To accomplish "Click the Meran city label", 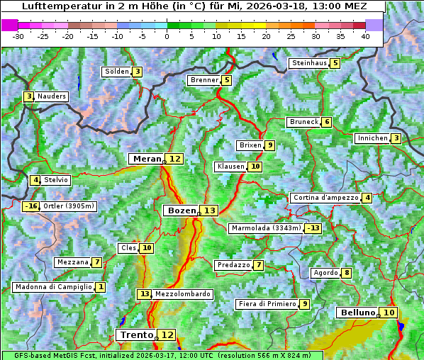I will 147,159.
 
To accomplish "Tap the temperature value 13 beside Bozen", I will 209,210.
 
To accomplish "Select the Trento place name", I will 137,334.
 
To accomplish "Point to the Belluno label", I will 357,313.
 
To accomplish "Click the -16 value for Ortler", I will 30,206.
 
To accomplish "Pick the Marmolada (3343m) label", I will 266,228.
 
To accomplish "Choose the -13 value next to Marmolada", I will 313,228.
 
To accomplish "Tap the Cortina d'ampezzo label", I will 325,198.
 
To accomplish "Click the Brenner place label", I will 204,80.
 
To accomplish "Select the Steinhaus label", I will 309,63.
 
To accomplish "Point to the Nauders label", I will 52,96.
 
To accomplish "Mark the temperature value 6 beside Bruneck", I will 326,122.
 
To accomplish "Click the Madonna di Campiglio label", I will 53,287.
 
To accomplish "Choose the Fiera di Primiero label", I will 267,304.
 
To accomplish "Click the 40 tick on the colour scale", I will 365,36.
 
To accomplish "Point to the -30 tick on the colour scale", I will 18,36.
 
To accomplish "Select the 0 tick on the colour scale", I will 167,36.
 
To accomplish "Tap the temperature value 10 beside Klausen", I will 255,167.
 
